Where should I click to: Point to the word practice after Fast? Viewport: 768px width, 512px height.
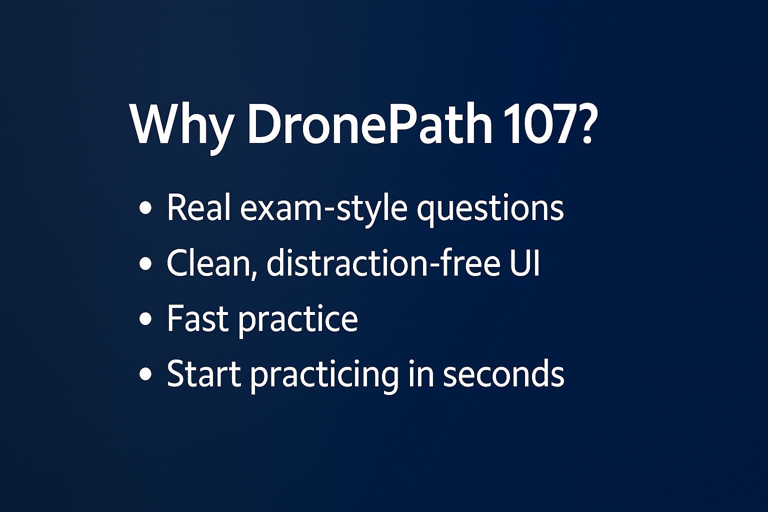tap(298, 320)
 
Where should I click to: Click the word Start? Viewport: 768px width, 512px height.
tap(204, 373)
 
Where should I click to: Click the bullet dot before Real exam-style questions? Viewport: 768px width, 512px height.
tap(145, 208)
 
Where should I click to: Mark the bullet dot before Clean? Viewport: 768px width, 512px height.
tap(145, 263)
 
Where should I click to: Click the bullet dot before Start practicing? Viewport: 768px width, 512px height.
tap(145, 374)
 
